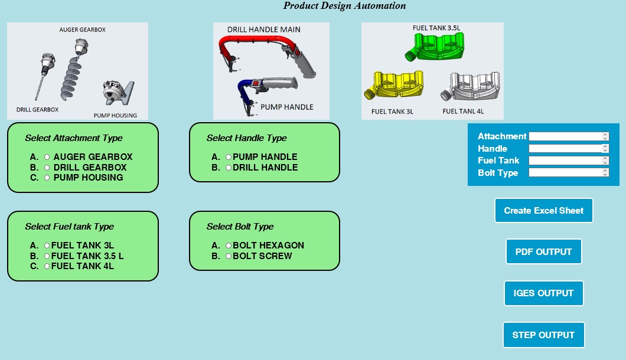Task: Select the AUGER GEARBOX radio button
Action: tap(47, 158)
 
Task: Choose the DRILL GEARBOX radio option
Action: tap(47, 168)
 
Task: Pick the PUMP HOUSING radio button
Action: tap(47, 178)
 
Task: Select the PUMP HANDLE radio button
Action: tap(229, 158)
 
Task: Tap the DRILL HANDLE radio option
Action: tap(229, 168)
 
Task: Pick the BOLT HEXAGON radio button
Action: tap(229, 246)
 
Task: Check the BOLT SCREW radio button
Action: tap(229, 256)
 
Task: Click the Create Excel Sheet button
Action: tap(543, 211)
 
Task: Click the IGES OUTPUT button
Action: tap(543, 293)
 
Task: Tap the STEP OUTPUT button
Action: tap(543, 335)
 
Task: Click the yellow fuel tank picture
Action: tap(396, 86)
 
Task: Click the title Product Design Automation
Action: tap(345, 6)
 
